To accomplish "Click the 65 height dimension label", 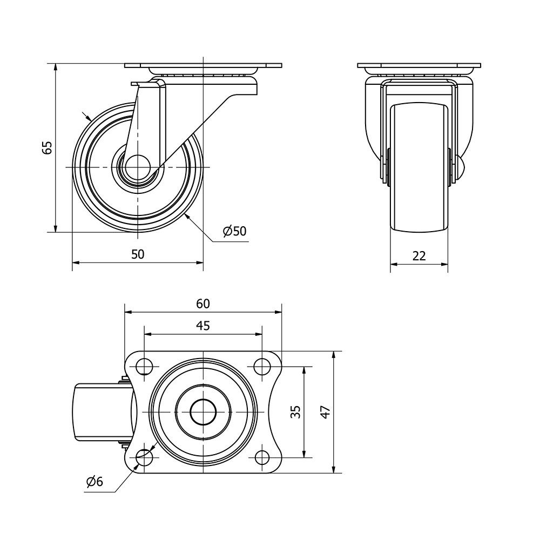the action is [x=47, y=147].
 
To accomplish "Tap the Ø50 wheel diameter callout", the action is [x=234, y=231].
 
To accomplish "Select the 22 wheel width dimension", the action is [x=419, y=256].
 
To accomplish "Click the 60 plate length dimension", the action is [x=203, y=303].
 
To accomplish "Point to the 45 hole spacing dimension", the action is [x=203, y=326].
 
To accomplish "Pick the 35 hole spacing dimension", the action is [x=295, y=411].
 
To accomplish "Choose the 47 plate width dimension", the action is [x=326, y=412].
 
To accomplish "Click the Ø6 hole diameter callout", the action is [x=95, y=482].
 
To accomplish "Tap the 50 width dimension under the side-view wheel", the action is [x=138, y=254].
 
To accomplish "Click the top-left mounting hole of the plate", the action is [x=144, y=366].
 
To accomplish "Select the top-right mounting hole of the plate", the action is [x=262, y=366].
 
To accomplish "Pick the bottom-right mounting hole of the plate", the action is [x=262, y=458].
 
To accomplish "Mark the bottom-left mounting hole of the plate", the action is [x=144, y=458].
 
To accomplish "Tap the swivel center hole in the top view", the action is [x=203, y=412].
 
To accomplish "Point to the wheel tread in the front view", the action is [x=419, y=168].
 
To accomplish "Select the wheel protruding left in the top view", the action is [x=103, y=412].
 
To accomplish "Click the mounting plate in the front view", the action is [x=419, y=65].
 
